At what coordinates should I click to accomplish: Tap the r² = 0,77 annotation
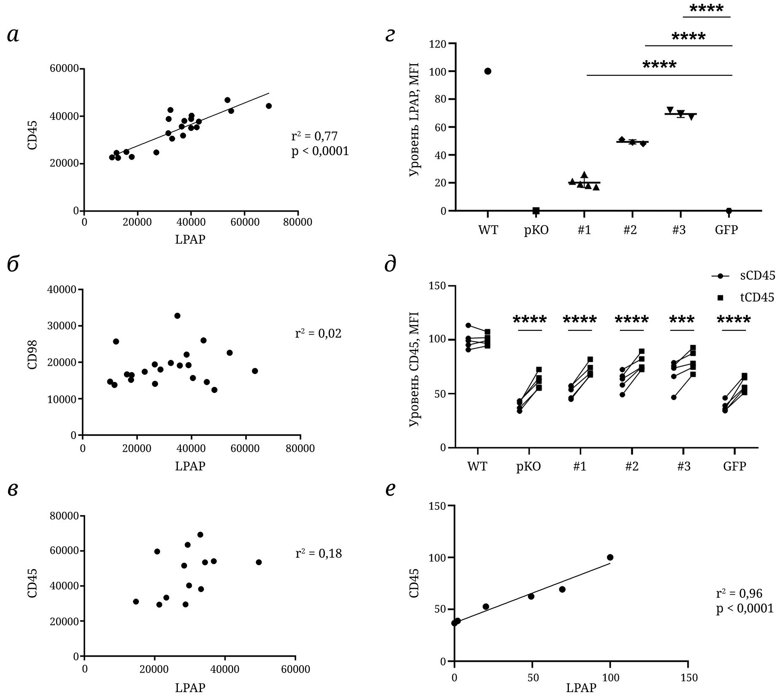click(314, 136)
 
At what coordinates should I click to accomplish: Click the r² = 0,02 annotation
click(318, 333)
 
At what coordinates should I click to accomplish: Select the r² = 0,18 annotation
click(319, 553)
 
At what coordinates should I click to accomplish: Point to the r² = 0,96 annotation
click(739, 593)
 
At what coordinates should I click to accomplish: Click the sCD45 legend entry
click(757, 276)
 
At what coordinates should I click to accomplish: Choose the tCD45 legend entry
click(757, 298)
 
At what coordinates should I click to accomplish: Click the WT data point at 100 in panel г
click(488, 71)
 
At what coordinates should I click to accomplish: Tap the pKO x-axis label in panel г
click(536, 230)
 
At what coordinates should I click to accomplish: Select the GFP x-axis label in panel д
click(734, 467)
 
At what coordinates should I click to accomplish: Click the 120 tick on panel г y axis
click(437, 44)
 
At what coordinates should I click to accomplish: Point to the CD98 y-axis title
click(33, 354)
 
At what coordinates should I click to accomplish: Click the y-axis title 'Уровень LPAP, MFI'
click(415, 120)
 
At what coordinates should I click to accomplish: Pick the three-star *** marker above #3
click(682, 319)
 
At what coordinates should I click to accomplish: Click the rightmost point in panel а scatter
click(269, 106)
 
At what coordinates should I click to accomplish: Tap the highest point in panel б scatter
click(177, 316)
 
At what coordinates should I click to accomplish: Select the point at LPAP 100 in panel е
click(610, 557)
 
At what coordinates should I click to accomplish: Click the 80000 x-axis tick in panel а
click(298, 222)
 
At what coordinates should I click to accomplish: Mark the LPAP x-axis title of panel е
click(581, 688)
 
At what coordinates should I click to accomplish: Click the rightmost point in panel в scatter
click(259, 562)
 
